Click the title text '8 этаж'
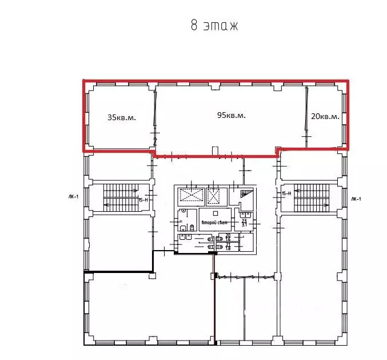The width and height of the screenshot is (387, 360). coord(213,26)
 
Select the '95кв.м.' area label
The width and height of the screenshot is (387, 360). coord(231,115)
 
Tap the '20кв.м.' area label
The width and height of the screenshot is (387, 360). coord(325,116)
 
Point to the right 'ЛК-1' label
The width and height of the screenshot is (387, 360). coord(356,199)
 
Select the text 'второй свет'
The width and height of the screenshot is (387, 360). coord(214,222)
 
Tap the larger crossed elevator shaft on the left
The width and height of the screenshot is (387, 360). coord(190,196)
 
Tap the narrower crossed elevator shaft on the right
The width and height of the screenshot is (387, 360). coord(214,196)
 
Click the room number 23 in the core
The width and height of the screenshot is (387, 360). coord(244,220)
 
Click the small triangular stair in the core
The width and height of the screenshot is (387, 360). coord(245,196)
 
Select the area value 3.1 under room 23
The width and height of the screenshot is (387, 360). coord(244,225)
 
